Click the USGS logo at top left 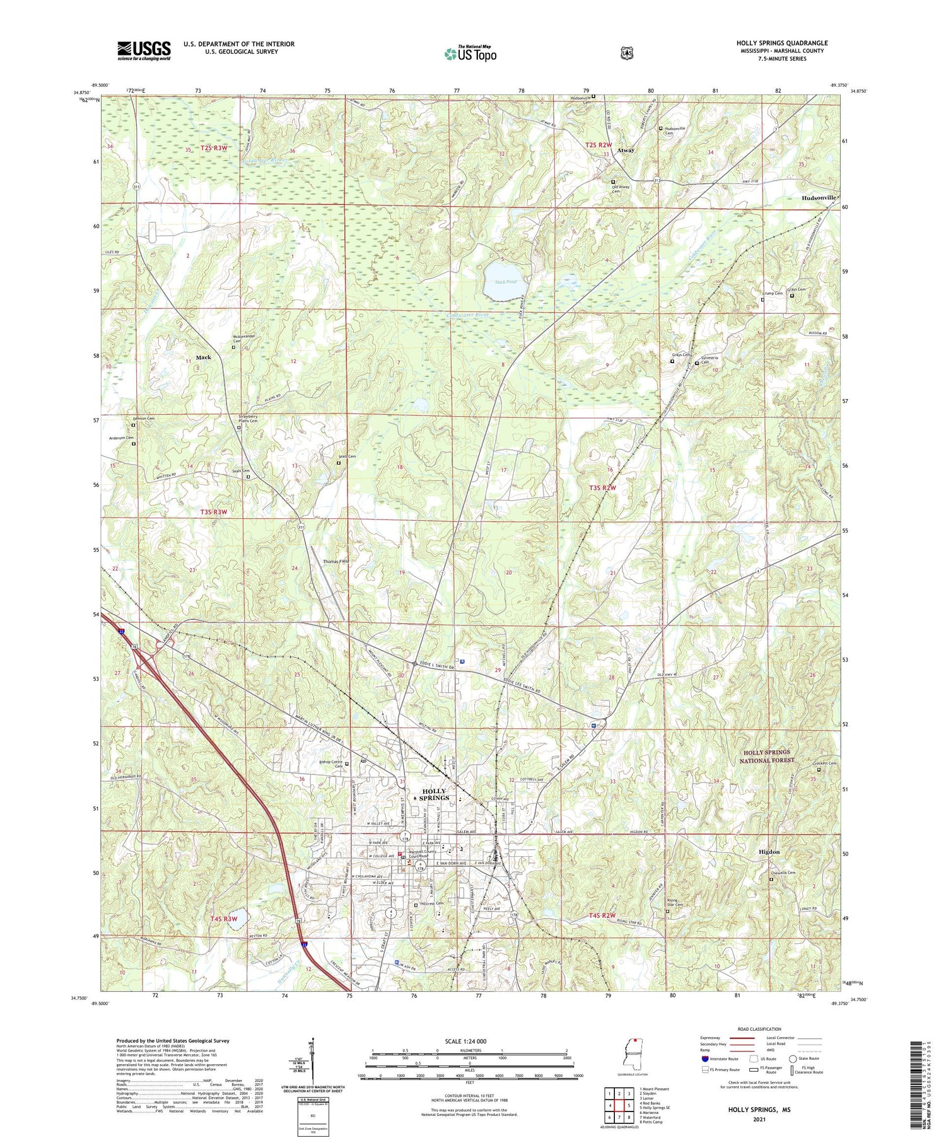[144, 50]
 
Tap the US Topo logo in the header [470, 54]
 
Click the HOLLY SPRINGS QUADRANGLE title [782, 43]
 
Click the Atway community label [626, 151]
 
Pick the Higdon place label [769, 852]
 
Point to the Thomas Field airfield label [336, 561]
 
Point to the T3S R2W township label [602, 488]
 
